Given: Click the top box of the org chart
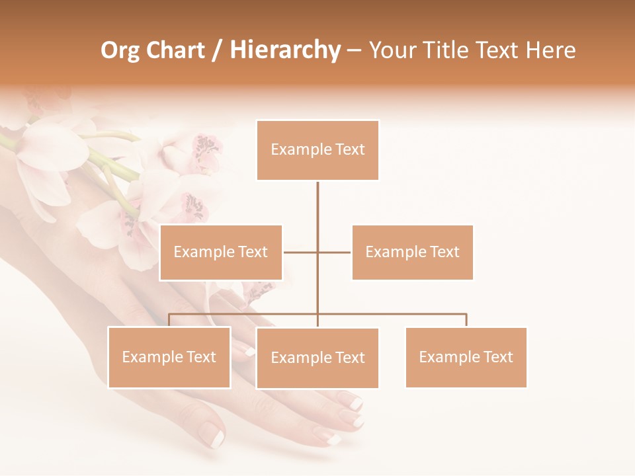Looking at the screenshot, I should pyautogui.click(x=317, y=150).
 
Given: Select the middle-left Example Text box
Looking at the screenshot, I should pyautogui.click(x=221, y=252).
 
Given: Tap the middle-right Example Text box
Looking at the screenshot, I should pyautogui.click(x=412, y=252).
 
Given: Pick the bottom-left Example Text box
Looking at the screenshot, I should pyautogui.click(x=169, y=357).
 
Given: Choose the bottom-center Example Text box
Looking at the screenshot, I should pyautogui.click(x=317, y=358).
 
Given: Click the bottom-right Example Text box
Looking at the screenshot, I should pyautogui.click(x=466, y=357).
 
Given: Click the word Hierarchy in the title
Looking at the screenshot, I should pyautogui.click(x=285, y=50).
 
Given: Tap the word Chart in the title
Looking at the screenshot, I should pyautogui.click(x=175, y=50).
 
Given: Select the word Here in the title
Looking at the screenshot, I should pyautogui.click(x=550, y=50).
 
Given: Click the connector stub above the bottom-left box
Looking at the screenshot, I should pyautogui.click(x=169, y=320).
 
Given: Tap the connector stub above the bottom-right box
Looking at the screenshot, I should pyautogui.click(x=466, y=320).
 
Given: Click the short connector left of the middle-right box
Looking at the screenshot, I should pyautogui.click(x=335, y=252).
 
